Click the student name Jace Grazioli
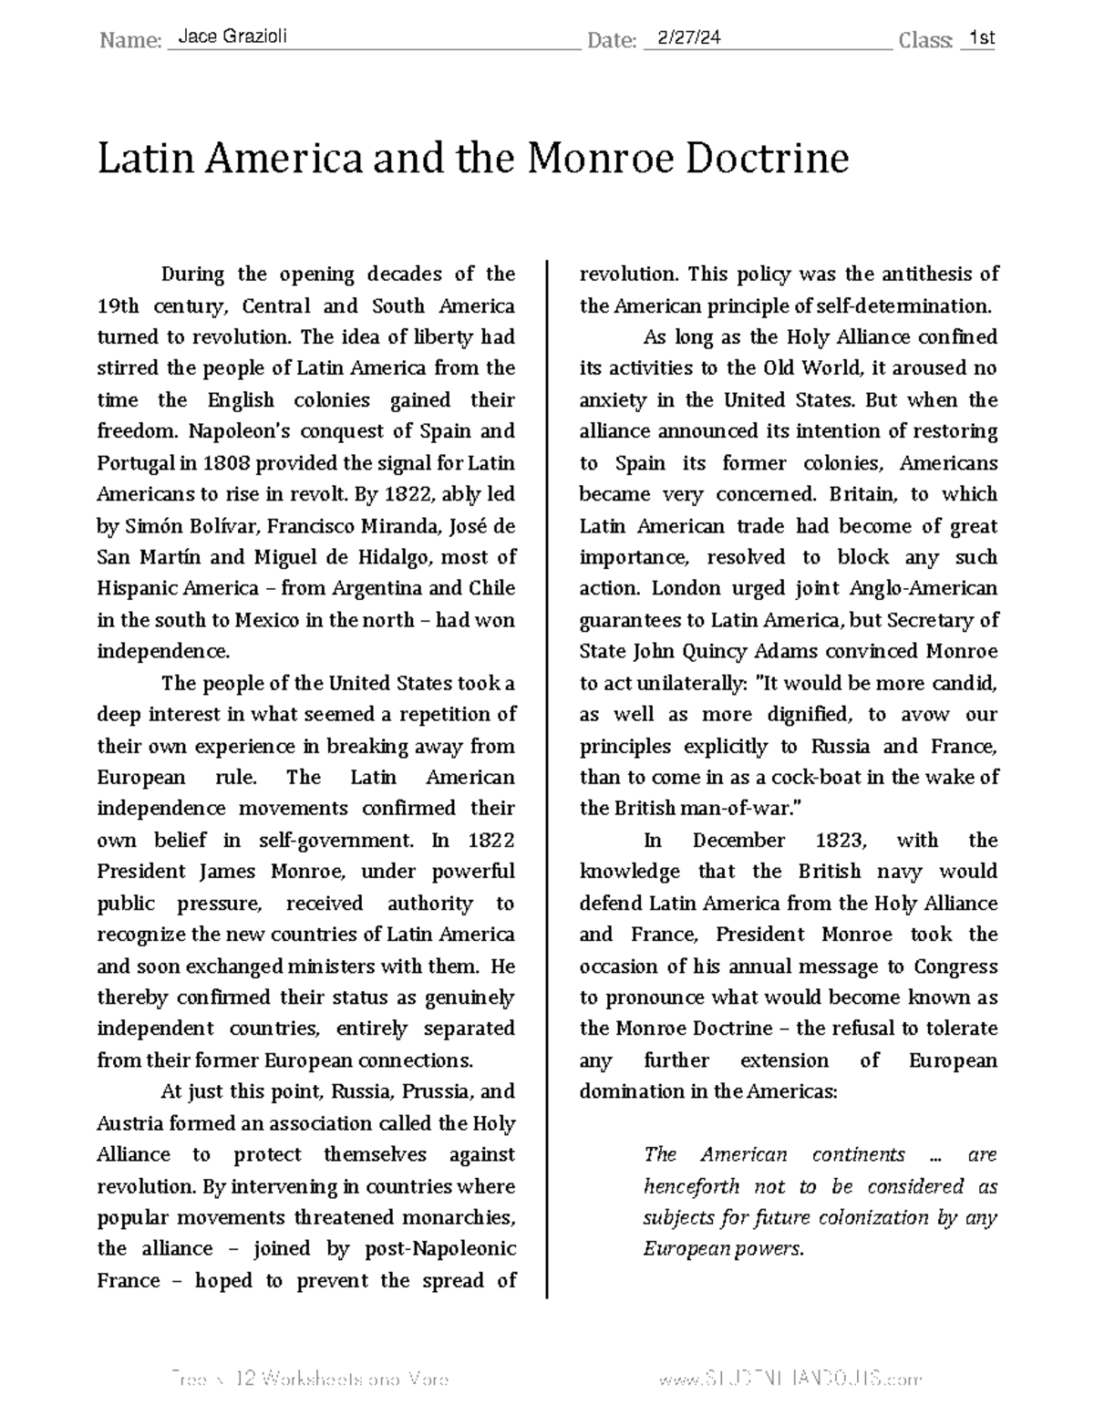[232, 37]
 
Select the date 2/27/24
[682, 37]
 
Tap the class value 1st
[981, 37]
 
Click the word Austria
[128, 1123]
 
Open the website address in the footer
[790, 1380]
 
